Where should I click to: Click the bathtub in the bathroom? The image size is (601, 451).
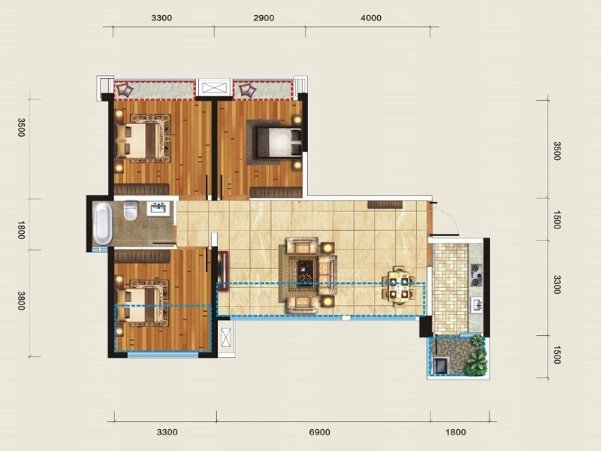tap(103, 223)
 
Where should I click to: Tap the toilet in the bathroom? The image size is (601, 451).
tap(130, 210)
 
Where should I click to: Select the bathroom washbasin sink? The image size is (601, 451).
tap(158, 209)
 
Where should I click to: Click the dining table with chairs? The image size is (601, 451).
tap(399, 286)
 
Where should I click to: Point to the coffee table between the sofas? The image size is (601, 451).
tap(306, 272)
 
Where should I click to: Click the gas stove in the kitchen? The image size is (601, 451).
tap(476, 274)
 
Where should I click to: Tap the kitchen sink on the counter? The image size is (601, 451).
tap(476, 305)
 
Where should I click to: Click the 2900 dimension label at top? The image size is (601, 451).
tap(264, 18)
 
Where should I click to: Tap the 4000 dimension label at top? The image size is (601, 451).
tap(371, 18)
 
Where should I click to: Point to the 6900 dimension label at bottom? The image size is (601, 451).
tap(319, 432)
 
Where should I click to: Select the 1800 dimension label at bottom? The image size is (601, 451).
tap(455, 432)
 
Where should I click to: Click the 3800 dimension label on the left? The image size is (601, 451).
tap(22, 300)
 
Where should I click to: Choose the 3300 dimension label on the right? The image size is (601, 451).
tap(557, 284)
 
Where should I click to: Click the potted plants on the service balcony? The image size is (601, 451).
tap(477, 355)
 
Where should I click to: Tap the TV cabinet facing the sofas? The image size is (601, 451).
tap(223, 268)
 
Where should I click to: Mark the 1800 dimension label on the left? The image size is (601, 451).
tap(22, 230)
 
